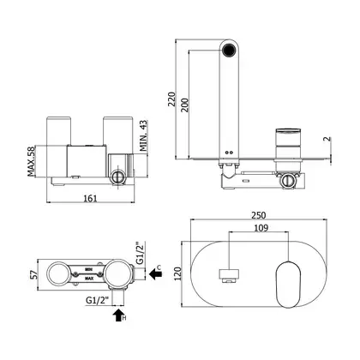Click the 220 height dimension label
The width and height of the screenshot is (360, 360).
click(x=171, y=99)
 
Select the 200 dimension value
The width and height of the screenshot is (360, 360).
click(x=185, y=105)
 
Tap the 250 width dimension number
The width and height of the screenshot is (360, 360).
click(x=259, y=215)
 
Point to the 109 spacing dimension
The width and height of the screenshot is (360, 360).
click(x=261, y=228)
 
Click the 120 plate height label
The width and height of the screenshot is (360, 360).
click(x=177, y=273)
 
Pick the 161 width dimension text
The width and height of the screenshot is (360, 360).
click(x=90, y=198)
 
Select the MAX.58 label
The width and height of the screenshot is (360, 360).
click(x=31, y=161)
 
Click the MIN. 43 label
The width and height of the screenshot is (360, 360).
click(x=144, y=135)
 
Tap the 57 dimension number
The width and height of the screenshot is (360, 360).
click(x=34, y=275)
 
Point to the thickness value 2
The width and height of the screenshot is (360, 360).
click(x=327, y=139)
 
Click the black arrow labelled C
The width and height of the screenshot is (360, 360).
click(x=155, y=275)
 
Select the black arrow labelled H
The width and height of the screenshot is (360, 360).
click(x=118, y=315)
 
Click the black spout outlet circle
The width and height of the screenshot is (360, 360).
click(x=229, y=50)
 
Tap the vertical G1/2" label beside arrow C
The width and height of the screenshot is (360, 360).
click(x=139, y=254)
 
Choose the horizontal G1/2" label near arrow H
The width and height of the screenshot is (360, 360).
click(x=98, y=300)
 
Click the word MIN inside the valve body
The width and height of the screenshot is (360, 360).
click(x=88, y=269)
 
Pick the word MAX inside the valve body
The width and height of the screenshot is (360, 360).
click(x=89, y=278)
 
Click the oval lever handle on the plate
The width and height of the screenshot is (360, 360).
click(x=288, y=285)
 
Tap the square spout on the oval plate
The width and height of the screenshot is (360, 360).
click(x=229, y=275)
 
